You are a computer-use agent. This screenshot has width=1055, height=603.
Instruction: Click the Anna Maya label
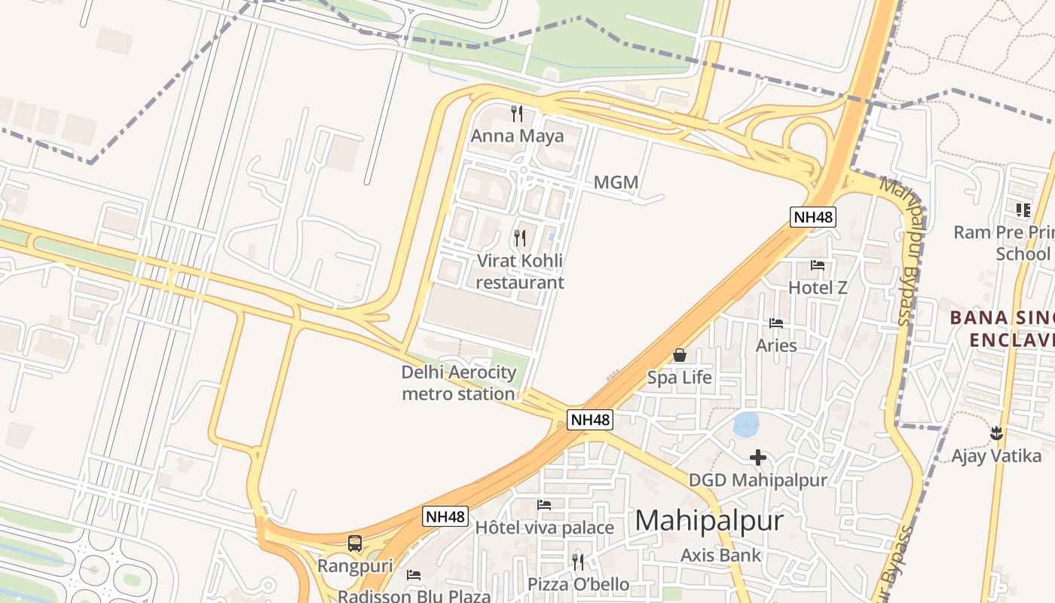pos(517,136)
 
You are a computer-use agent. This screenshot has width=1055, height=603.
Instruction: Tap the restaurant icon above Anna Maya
pos(517,114)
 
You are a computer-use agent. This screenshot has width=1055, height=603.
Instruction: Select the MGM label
pos(616,182)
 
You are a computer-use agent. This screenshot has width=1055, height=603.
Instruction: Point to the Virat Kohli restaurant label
pos(520,271)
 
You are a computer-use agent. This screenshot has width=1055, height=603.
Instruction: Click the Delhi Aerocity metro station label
pos(459,383)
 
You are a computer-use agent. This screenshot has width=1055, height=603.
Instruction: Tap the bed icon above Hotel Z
pos(818,265)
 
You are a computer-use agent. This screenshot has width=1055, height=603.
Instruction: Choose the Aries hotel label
pos(776,345)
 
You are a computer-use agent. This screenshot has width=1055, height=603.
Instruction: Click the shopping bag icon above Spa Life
pos(679,355)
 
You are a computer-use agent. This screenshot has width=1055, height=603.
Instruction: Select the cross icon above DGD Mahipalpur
pos(758,458)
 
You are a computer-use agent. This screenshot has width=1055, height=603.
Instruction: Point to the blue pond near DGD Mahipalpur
pos(746,424)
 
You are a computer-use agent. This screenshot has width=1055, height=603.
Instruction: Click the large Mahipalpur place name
pos(709,521)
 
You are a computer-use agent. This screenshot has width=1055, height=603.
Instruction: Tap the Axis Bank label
pos(720,556)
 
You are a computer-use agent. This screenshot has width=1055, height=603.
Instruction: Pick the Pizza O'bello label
pos(578,584)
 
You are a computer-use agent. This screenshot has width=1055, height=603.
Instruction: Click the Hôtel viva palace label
pos(544,527)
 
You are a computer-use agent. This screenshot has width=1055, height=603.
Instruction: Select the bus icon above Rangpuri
pos(355,543)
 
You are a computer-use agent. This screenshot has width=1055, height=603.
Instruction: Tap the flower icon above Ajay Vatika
pos(996,433)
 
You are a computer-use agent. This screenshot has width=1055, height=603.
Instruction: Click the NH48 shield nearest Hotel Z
pos(813,218)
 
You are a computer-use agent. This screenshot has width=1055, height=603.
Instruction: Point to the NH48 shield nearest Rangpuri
pos(445,516)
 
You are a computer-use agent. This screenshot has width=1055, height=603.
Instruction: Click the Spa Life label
pos(679,377)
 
